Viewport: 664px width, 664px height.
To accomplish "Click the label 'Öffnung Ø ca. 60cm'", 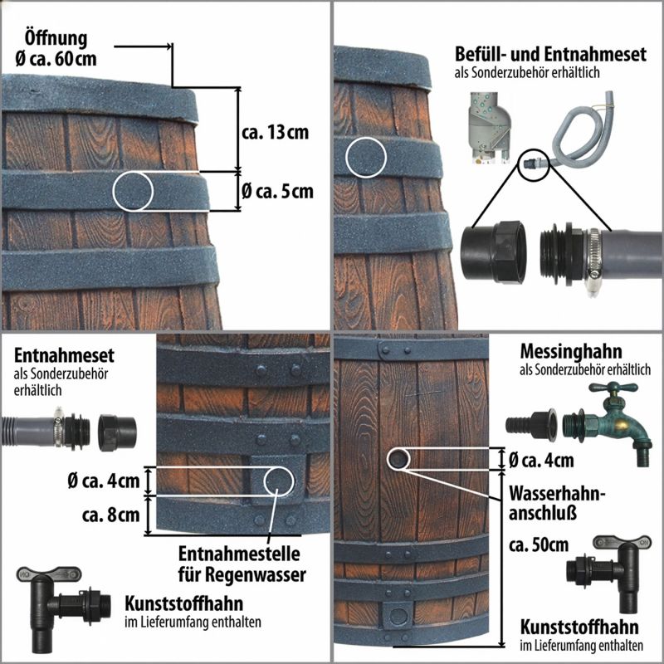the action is pos(56,48).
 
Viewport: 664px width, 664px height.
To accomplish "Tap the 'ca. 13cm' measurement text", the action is pos(276,133).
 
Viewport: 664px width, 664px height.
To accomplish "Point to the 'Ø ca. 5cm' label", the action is pos(277,192).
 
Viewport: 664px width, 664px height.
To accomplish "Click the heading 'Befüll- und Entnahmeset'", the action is pos(550,54).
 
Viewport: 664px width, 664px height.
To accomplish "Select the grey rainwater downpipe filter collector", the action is pos(489,128).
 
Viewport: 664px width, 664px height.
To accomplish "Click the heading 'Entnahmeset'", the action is pos(64,355).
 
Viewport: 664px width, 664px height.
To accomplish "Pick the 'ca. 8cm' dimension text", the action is pos(111,515).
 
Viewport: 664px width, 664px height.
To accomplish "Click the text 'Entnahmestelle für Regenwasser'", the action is pos(242,564).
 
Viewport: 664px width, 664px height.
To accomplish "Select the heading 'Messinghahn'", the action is pos(571,351).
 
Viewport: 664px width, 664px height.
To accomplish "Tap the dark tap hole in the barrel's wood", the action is pos(398,459).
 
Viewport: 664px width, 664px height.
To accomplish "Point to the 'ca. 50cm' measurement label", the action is pos(539,545).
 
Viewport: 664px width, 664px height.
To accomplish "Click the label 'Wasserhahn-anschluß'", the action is pos(557,503).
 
